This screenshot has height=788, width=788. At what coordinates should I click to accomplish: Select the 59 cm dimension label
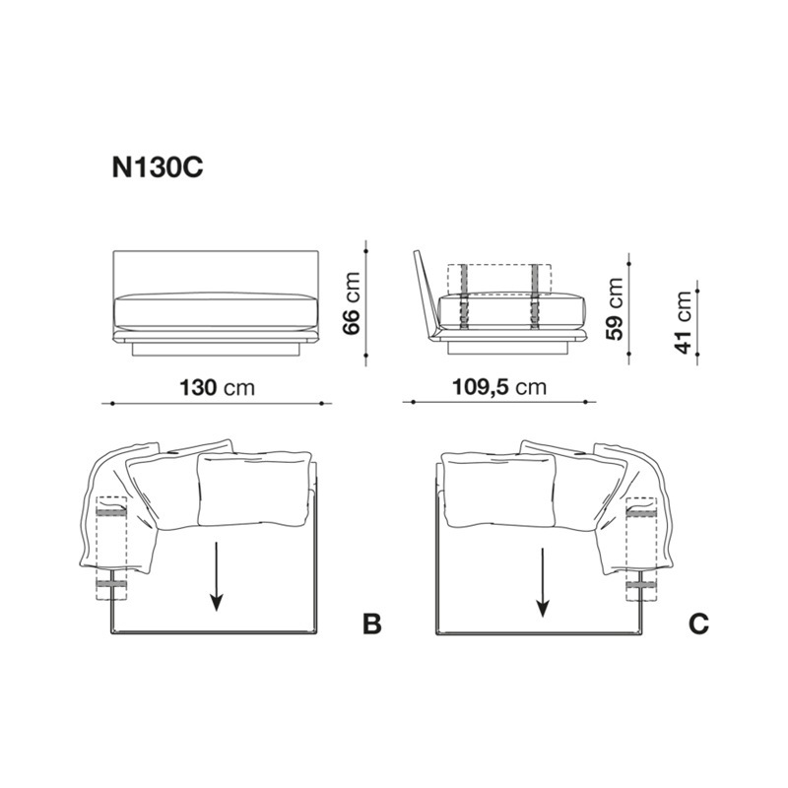pyautogui.click(x=614, y=307)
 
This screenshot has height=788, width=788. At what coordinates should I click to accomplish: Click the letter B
pyautogui.click(x=371, y=624)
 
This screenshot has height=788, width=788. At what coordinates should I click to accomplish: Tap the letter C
pyautogui.click(x=698, y=624)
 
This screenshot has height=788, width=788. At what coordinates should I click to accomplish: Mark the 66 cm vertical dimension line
pyautogui.click(x=366, y=303)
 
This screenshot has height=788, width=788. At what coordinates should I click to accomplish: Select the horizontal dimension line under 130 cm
pyautogui.click(x=219, y=403)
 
